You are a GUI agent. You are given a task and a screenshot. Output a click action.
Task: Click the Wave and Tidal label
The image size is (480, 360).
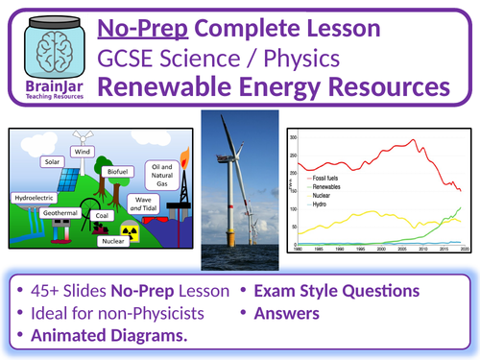143,204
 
